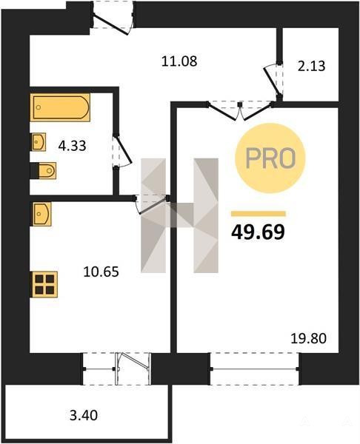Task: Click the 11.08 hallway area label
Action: coord(179,61)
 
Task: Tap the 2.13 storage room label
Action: coord(311,67)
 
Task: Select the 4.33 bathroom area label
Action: coord(72,146)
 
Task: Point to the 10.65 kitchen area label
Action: coord(101,272)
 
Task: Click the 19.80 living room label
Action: coord(309,338)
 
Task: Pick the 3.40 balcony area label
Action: coord(84,415)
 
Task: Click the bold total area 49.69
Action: coord(258,232)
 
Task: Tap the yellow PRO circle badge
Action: coord(270,158)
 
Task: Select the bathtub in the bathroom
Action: coord(61,107)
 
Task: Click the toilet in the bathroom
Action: coord(44,170)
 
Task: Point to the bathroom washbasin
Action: coord(38,142)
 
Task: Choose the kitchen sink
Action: coord(41,214)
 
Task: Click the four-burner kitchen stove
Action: coord(44,285)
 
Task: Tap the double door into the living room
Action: coord(240,110)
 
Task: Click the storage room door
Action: coord(273,81)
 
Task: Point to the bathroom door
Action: coord(122,152)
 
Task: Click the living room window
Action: coord(255,369)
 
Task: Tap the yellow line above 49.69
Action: coord(259,214)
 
